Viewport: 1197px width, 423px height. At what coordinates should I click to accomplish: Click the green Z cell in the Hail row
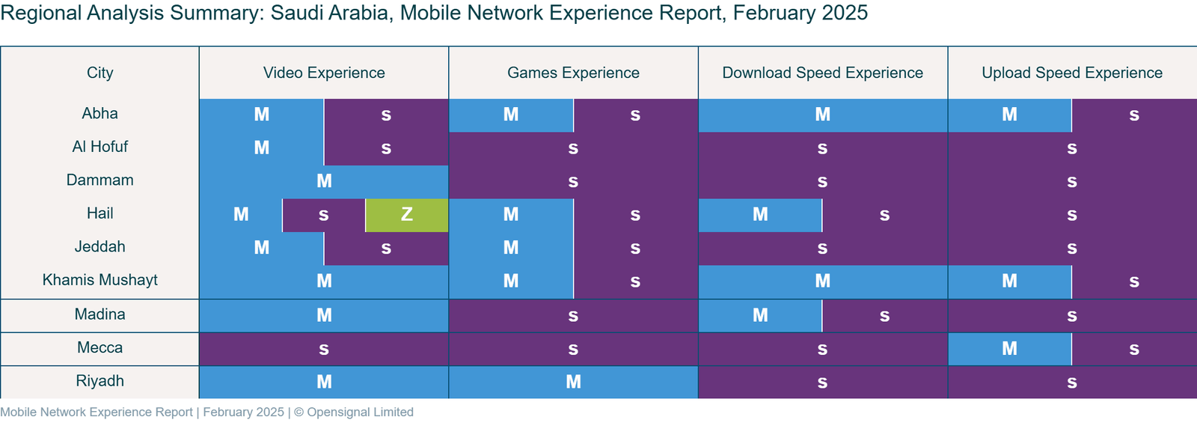pyautogui.click(x=407, y=215)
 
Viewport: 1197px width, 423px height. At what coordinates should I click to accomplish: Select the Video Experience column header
pyautogui.click(x=324, y=73)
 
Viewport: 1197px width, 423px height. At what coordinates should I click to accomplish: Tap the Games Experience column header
pyautogui.click(x=573, y=73)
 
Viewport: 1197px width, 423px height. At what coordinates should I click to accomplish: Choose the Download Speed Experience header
pyautogui.click(x=822, y=73)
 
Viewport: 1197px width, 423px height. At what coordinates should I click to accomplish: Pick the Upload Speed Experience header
pyautogui.click(x=1071, y=73)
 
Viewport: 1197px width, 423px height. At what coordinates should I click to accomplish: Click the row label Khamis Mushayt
pyautogui.click(x=100, y=280)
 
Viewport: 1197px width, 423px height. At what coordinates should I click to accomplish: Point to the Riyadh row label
pyautogui.click(x=100, y=381)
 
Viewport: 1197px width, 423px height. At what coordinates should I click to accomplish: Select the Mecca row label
pyautogui.click(x=100, y=347)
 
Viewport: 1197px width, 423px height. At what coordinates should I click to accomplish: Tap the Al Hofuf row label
pyautogui.click(x=100, y=147)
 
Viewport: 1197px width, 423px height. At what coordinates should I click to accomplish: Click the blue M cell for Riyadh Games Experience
pyautogui.click(x=573, y=382)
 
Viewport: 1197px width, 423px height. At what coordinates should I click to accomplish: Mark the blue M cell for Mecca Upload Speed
pyautogui.click(x=1009, y=348)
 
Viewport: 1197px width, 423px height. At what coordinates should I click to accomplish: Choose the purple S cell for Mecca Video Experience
pyautogui.click(x=324, y=348)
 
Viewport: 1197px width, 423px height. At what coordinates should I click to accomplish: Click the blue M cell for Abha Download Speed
pyautogui.click(x=822, y=115)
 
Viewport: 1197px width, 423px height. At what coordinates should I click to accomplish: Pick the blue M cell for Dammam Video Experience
pyautogui.click(x=324, y=181)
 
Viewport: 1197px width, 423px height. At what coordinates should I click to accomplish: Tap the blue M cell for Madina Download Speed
pyautogui.click(x=760, y=315)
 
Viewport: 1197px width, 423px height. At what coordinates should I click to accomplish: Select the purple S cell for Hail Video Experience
pyautogui.click(x=323, y=215)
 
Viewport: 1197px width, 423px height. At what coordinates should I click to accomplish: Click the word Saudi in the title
pyautogui.click(x=298, y=13)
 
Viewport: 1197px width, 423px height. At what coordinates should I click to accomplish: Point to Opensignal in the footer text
pyautogui.click(x=337, y=412)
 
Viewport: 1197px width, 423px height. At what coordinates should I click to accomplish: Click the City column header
pyautogui.click(x=100, y=73)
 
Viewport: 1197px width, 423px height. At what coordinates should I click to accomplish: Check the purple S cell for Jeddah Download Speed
pyautogui.click(x=822, y=248)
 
